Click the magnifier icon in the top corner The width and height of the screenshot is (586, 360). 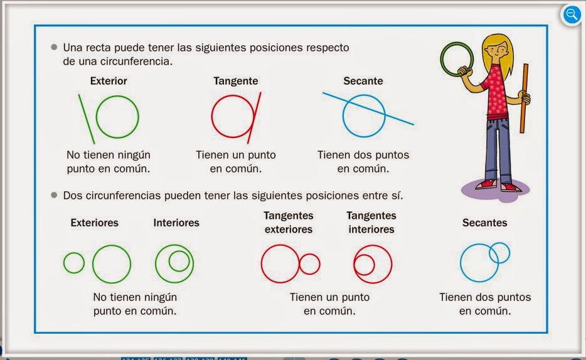coord(572,14)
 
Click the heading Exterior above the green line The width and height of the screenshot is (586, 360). coord(109,81)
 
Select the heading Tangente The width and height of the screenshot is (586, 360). coord(235,81)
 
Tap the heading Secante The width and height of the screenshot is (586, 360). coord(363,81)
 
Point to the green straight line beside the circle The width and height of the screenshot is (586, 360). coord(87,119)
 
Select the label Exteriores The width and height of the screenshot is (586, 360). coord(94,223)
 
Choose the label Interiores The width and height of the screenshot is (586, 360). coord(176,223)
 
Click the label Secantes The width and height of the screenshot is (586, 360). coord(484,223)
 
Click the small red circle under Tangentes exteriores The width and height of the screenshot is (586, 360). coord(309,264)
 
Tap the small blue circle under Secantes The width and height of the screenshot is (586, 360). coord(499,253)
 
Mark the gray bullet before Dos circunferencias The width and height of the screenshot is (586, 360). coord(54,195)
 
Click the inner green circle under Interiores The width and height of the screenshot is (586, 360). coord(179,260)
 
